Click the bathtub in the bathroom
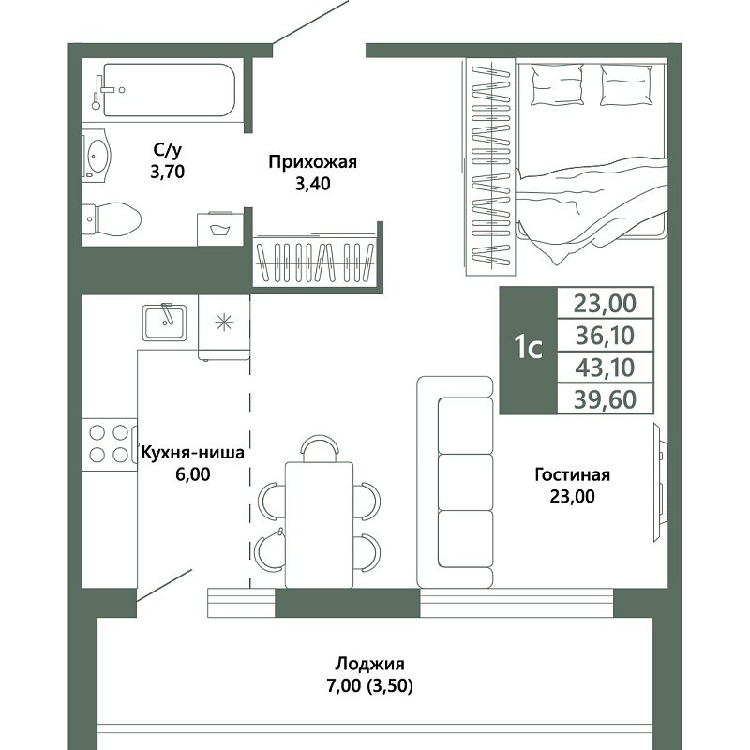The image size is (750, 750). [x=164, y=89]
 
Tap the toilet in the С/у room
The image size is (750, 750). [x=112, y=219]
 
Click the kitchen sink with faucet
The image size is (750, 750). [x=164, y=322]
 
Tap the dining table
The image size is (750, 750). [x=319, y=524]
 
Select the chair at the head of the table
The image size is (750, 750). [x=320, y=448]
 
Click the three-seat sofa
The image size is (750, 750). [x=455, y=482]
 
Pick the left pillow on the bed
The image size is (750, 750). [x=557, y=84]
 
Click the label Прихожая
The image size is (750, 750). [x=312, y=162]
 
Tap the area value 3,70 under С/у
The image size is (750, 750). [x=168, y=172]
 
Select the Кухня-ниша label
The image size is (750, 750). [x=193, y=453]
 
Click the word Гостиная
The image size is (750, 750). [x=572, y=475]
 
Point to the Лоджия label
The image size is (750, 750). [x=369, y=664]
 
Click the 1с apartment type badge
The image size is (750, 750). [x=529, y=350]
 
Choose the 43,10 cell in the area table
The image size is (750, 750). [x=605, y=367]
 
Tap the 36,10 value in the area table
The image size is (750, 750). [x=605, y=336]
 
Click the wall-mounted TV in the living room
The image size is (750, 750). [x=660, y=483]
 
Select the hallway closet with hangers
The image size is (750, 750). [x=316, y=262]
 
